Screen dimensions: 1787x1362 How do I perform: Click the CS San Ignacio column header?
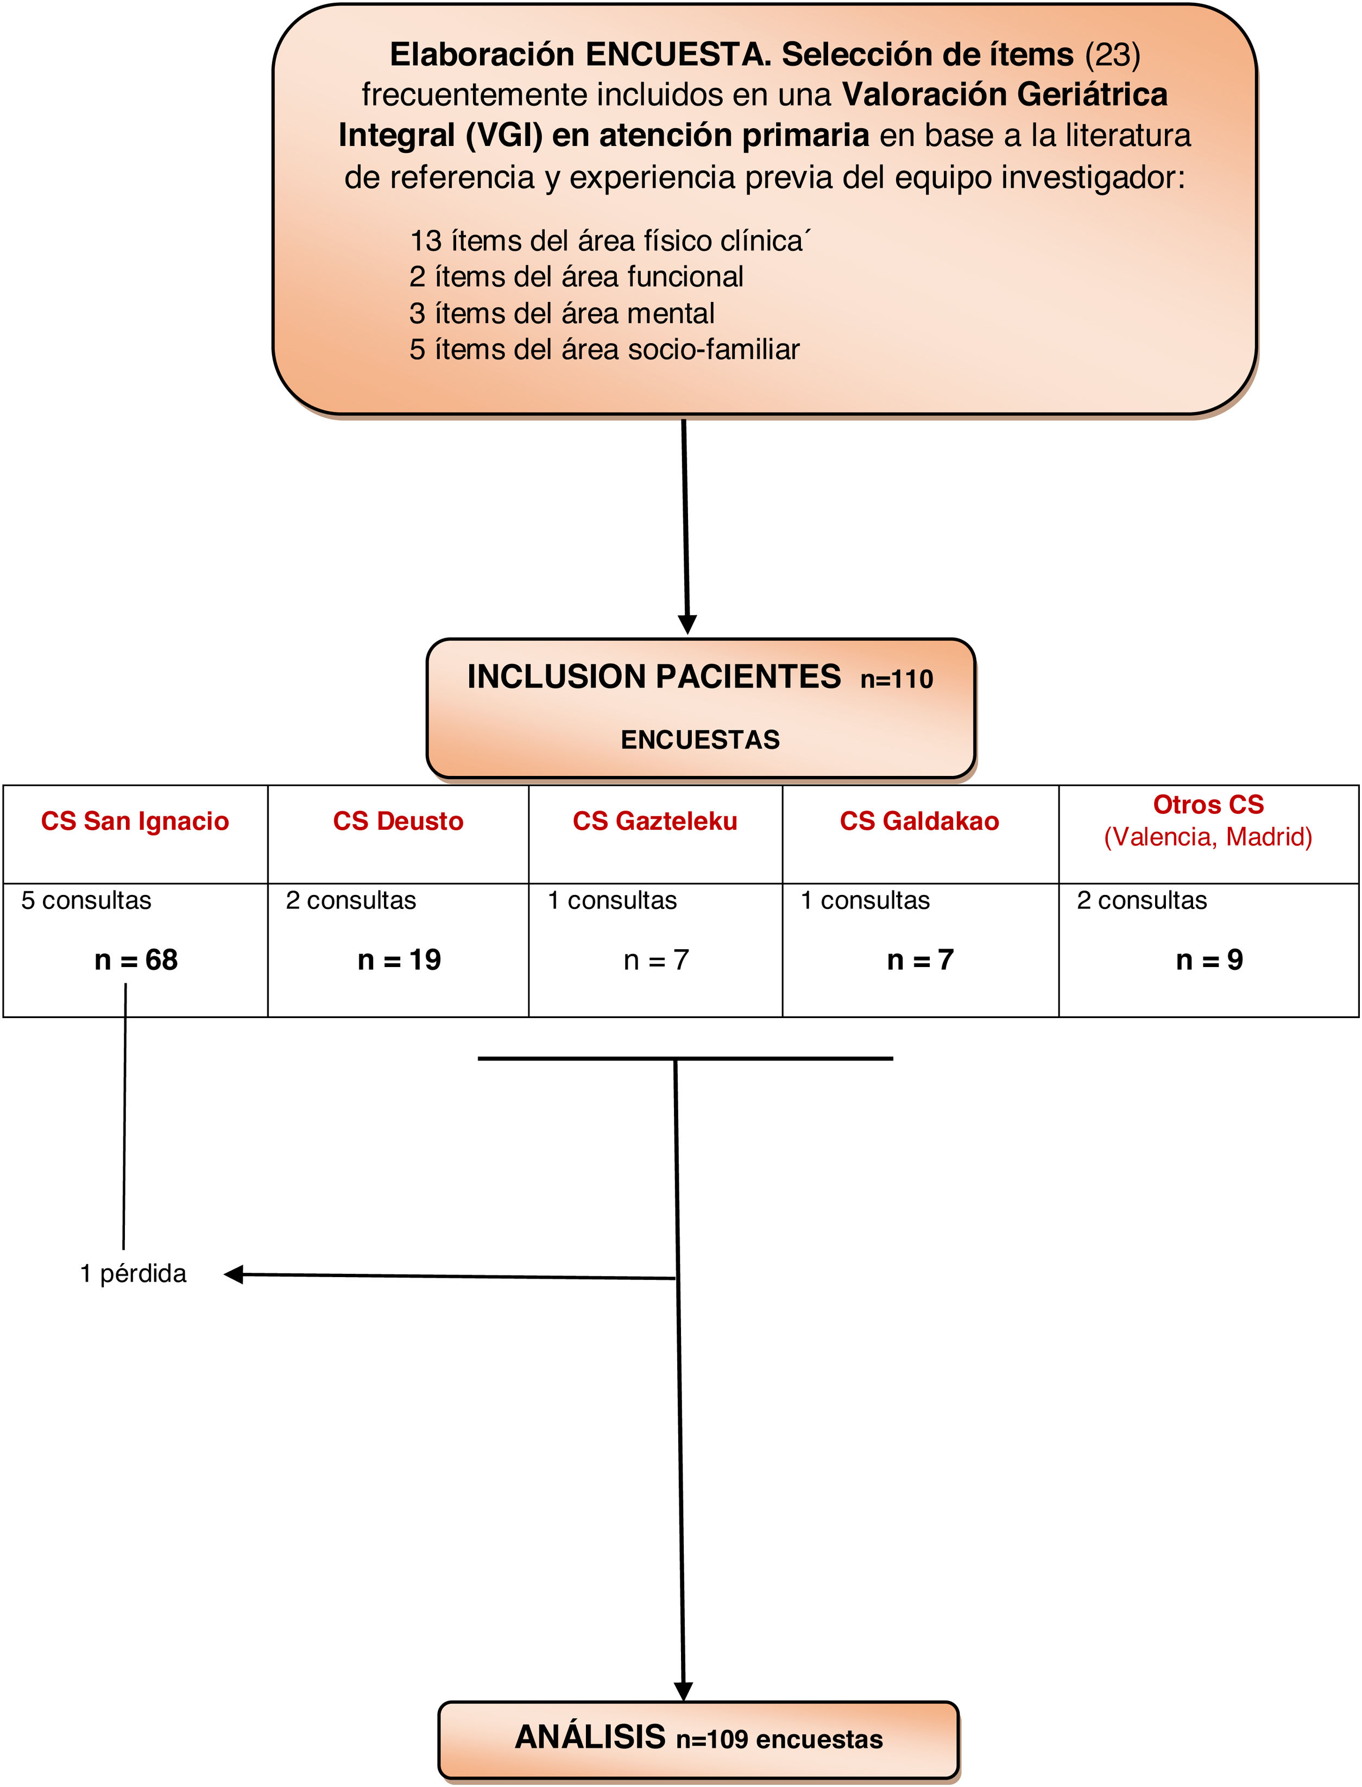pyautogui.click(x=135, y=821)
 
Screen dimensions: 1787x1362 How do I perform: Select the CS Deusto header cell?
pyautogui.click(x=398, y=821)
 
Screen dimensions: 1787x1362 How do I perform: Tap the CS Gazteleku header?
pyautogui.click(x=655, y=821)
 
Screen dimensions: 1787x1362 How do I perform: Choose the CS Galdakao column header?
pyautogui.click(x=919, y=821)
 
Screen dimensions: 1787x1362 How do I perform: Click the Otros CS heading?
pyautogui.click(x=1208, y=805)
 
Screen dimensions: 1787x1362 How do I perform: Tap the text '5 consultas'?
pyautogui.click(x=86, y=900)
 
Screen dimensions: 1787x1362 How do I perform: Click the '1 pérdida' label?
pyautogui.click(x=133, y=1274)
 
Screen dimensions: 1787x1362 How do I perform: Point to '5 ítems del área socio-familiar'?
pyautogui.click(x=604, y=349)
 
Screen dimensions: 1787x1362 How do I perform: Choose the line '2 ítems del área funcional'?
pyautogui.click(x=576, y=277)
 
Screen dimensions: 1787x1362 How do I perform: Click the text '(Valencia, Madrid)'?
pyautogui.click(x=1208, y=836)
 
